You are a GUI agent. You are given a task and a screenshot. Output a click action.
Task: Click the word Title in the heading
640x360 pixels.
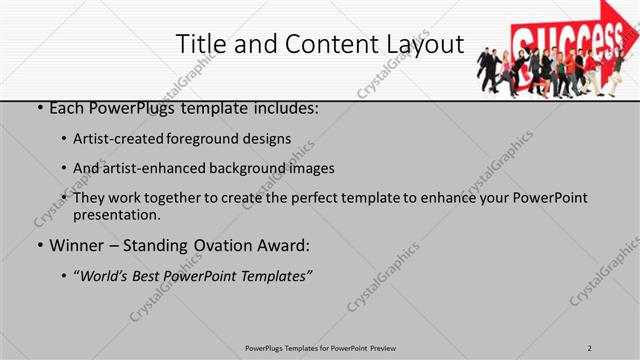200,44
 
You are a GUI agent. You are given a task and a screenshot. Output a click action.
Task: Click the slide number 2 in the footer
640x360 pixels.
590,347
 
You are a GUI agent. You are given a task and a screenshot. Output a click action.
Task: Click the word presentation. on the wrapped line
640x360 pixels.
118,214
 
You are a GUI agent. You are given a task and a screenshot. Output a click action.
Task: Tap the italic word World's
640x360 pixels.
105,274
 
